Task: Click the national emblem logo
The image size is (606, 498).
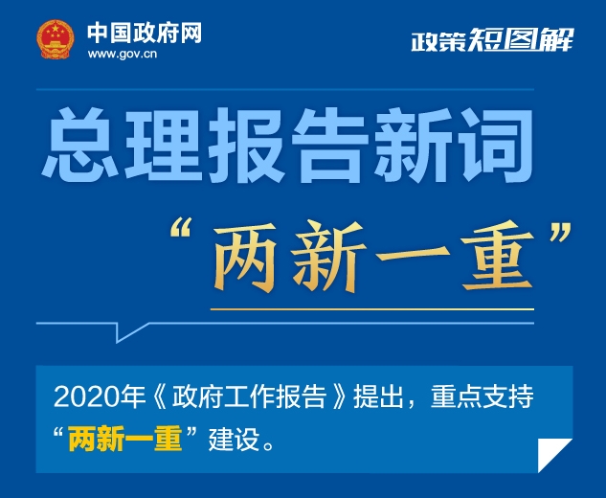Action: point(56,39)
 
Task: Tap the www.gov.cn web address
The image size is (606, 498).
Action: point(123,54)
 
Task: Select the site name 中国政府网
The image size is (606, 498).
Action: point(145,33)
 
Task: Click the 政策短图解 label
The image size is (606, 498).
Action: point(492,39)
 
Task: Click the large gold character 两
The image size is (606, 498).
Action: point(245,257)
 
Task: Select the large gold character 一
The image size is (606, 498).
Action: point(414,256)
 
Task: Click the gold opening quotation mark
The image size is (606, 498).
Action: point(181,228)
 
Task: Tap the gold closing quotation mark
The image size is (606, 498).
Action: point(560,232)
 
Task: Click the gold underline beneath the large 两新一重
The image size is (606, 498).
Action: point(372,309)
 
